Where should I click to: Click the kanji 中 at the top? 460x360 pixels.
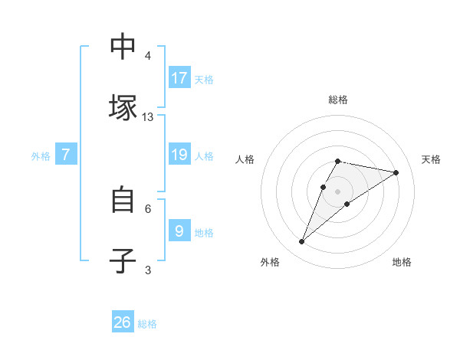coord(123,47)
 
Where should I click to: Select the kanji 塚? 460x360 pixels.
coord(123,107)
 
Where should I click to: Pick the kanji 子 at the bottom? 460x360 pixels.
coord(123,260)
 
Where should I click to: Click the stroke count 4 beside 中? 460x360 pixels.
coord(148,56)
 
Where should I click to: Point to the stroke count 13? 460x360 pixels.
coord(148,117)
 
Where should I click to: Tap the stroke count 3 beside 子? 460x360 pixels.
coord(148,270)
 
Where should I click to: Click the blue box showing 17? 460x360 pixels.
coord(179,77)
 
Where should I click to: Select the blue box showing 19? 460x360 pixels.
coord(179,155)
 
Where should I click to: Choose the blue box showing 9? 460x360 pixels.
coord(179,231)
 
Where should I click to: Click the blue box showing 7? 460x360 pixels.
coord(66,155)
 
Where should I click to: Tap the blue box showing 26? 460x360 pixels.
coord(123,322)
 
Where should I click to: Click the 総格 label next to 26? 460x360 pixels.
coord(147,324)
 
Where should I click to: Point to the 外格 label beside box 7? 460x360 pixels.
coord(41,156)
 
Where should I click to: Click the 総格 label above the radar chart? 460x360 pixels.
coord(338,100)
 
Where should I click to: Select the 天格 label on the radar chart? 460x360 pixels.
coord(431,159)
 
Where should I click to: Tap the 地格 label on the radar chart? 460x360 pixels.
coord(402,262)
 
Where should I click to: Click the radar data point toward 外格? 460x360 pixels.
coord(302,241)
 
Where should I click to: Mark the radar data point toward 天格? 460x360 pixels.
coord(396,172)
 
